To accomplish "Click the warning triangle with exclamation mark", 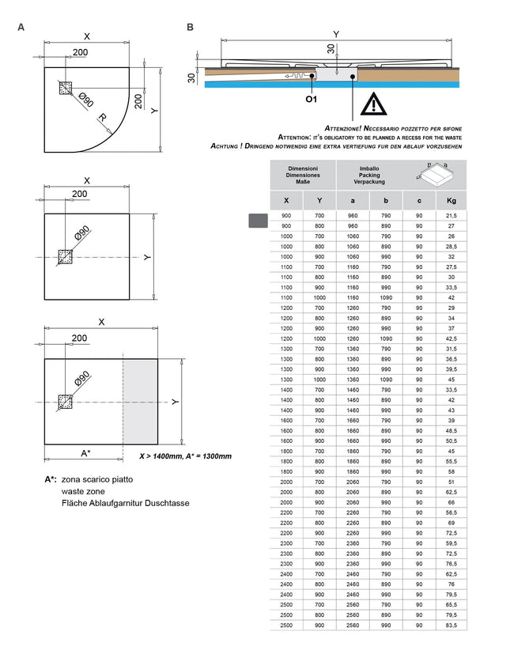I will click(368, 105).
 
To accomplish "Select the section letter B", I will click(190, 28).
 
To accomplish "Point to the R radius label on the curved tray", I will click(102, 118).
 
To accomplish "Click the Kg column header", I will click(451, 201).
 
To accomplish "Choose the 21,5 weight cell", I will click(451, 216).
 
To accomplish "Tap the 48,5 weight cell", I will click(451, 431).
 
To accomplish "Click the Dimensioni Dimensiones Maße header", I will click(303, 176).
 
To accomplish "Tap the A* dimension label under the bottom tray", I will click(85, 453).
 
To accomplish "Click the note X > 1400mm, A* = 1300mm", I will click(185, 456).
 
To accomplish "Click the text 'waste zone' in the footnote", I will click(82, 491).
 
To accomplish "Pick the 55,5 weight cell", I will click(451, 461).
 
